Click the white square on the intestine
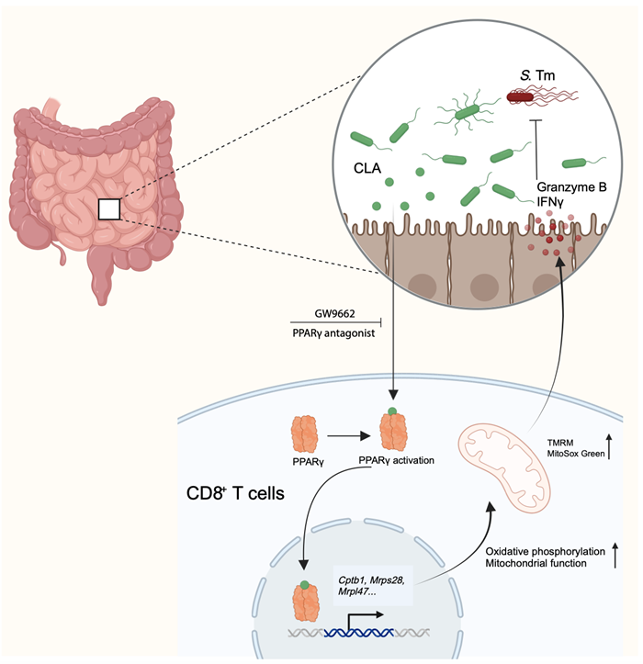109,208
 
